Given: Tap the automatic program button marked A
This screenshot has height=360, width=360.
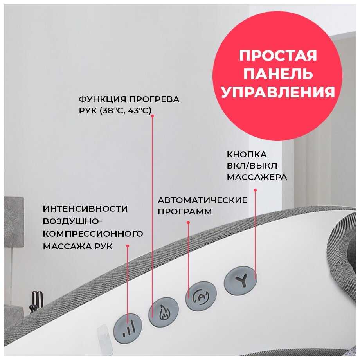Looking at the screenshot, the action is click(x=201, y=296).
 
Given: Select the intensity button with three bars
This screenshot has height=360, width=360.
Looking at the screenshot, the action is click(x=128, y=329).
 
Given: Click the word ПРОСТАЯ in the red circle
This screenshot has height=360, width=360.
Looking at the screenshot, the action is click(x=278, y=56).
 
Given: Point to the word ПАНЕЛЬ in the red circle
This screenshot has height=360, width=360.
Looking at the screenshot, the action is click(x=278, y=74).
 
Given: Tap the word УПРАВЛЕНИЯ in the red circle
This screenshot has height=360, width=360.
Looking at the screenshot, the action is click(x=278, y=92).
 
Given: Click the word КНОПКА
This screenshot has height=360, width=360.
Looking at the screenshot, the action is click(x=247, y=155).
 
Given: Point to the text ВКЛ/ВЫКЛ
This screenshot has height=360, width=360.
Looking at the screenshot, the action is click(x=252, y=166).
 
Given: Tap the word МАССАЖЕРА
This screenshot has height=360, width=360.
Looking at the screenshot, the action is click(x=257, y=177).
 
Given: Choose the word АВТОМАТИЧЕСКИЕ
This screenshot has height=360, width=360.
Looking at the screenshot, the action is click(x=203, y=200).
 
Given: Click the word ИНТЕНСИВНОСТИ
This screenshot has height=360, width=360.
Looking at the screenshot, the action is click(x=85, y=209).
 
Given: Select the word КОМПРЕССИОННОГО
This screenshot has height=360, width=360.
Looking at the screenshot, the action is click(x=93, y=234).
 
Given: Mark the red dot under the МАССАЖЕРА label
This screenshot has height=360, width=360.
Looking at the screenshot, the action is click(x=255, y=190).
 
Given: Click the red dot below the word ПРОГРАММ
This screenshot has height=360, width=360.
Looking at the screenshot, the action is click(x=188, y=223).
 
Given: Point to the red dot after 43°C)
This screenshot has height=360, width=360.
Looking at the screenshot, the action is click(x=152, y=116).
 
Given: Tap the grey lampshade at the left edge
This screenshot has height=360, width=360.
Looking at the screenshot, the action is click(x=14, y=222).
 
